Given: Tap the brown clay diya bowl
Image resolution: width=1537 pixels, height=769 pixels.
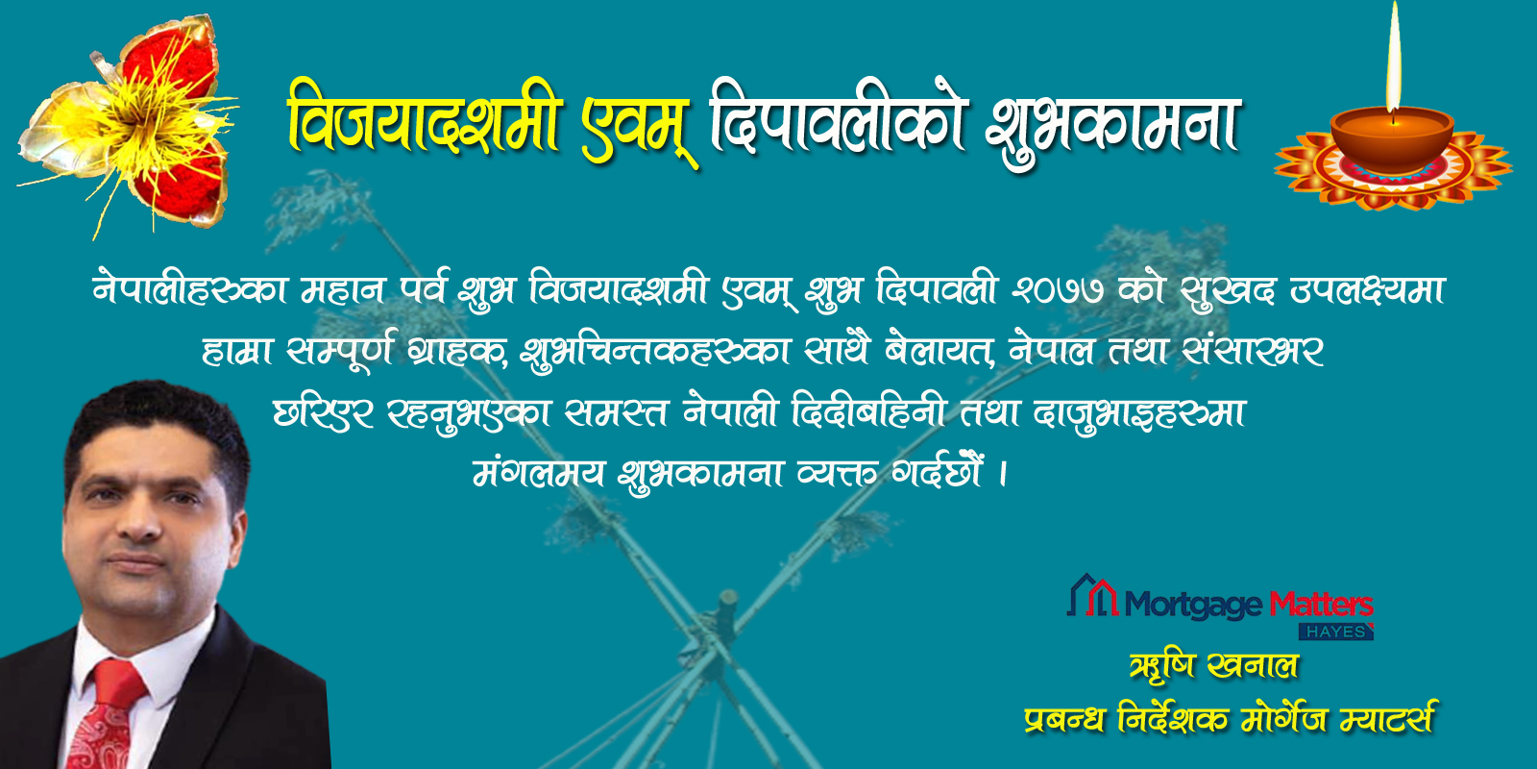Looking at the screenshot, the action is [1392, 140].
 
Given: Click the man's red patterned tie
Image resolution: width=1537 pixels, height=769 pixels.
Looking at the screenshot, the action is [110, 714].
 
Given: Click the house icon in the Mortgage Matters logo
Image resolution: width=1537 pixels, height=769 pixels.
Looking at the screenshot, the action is [1093, 595].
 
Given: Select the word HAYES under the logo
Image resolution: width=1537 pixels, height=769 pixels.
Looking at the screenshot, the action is [1336, 632].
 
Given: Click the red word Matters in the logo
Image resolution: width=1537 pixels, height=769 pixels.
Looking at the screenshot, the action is [1321, 605].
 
